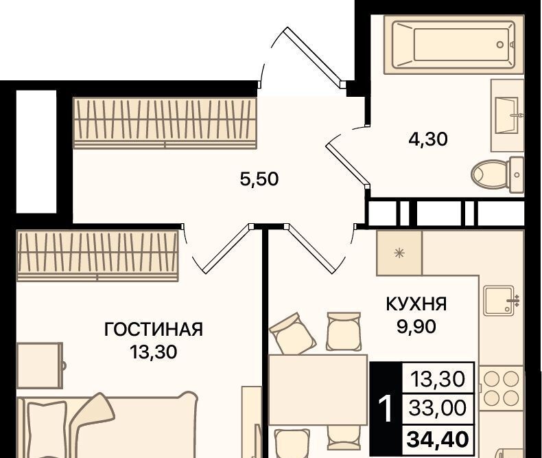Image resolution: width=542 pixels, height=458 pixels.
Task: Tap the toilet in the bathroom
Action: coord(497,174)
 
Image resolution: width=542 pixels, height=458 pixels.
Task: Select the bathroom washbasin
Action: coord(508,115)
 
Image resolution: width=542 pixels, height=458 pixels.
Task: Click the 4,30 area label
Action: coord(428,139)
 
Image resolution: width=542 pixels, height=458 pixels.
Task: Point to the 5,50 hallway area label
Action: coord(259,179)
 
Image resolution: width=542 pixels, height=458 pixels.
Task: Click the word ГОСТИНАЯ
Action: coord(154,330)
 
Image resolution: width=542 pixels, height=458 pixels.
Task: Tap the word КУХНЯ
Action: coord(416,304)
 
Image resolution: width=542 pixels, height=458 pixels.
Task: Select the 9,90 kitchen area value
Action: coord(416,327)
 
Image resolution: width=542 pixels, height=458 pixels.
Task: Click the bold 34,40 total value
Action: coord(438,439)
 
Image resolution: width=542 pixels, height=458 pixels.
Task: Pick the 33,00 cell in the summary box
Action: coord(437,408)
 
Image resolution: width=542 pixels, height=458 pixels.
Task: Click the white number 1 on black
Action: coord(386,409)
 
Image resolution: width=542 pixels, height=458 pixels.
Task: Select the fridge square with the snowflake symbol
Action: coord(399,253)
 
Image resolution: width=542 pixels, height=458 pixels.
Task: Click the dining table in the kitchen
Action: coord(318,389)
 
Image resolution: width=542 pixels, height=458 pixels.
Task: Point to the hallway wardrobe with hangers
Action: coord(165,123)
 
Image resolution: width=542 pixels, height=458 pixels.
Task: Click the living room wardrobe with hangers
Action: coord(97,255)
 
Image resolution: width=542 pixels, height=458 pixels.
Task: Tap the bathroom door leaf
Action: coord(348,163)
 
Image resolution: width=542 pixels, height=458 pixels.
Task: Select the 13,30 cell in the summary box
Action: coord(438,379)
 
